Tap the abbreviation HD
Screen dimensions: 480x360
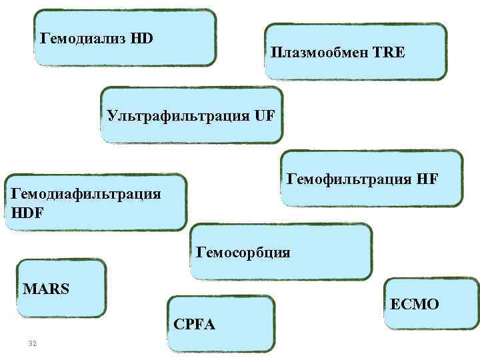tap(142, 38)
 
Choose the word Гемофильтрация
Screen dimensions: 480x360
tap(339, 179)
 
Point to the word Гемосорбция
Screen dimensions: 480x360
tap(243, 253)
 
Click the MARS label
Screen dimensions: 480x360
tap(46, 290)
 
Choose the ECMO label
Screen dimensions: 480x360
tap(415, 305)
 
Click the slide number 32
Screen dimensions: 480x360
tap(31, 343)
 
